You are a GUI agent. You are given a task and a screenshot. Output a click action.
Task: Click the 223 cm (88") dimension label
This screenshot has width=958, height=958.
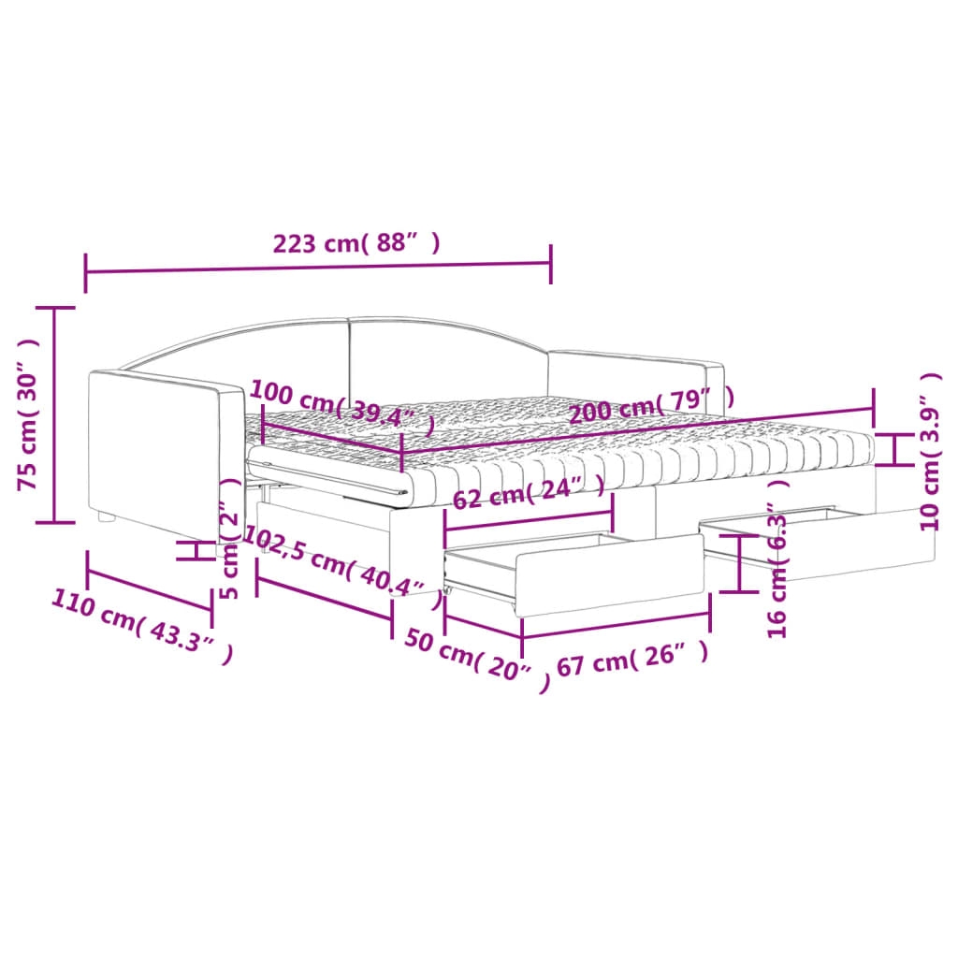coord(356,242)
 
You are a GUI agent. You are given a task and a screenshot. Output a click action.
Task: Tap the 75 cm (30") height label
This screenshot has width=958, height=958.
coord(29,414)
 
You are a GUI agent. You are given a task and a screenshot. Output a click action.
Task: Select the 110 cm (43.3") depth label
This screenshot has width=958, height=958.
coord(142,626)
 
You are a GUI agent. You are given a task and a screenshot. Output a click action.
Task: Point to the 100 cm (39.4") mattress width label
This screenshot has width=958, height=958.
coord(342,406)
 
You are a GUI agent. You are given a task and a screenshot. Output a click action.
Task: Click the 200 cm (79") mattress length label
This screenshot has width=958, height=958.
coord(652,404)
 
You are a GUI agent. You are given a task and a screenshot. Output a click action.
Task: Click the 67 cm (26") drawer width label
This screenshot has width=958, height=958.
coord(633,659)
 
